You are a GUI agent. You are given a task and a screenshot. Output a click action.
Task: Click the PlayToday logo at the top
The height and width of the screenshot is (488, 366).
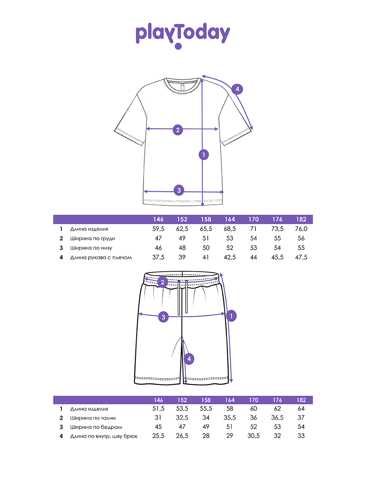point(183,35)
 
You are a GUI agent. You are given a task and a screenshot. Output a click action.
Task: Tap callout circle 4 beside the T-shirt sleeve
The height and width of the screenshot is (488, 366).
point(237,89)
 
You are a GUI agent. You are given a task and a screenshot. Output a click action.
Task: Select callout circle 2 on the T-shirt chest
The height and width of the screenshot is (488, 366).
point(177,130)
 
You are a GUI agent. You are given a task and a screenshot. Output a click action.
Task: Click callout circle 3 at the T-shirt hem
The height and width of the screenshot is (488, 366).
point(179,190)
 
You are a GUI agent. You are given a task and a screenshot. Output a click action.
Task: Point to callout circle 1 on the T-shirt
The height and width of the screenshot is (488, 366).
point(203,155)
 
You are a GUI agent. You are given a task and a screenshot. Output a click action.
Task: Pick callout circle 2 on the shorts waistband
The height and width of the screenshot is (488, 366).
point(163,282)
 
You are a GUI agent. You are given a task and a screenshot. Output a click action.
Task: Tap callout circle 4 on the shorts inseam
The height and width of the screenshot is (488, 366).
point(189,359)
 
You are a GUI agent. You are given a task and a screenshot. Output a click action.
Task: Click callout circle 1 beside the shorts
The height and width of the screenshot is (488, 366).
point(231,315)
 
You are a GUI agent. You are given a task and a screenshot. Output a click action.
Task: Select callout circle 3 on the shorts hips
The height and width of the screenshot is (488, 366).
point(163,317)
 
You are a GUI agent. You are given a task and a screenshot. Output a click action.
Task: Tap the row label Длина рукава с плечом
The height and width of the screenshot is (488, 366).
point(101,257)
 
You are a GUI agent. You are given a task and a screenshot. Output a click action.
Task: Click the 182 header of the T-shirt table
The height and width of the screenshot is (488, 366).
point(301,220)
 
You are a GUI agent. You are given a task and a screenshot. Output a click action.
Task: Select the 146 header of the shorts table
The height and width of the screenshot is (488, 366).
point(159,400)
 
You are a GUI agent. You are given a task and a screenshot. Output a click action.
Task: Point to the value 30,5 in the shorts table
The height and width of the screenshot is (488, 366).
point(253,436)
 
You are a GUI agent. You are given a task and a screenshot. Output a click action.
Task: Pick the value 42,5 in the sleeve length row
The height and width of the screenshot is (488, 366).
point(230,257)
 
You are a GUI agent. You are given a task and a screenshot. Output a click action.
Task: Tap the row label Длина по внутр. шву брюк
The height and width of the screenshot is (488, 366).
point(104,436)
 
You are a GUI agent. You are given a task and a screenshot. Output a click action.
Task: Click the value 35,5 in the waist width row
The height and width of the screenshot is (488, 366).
point(230,418)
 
